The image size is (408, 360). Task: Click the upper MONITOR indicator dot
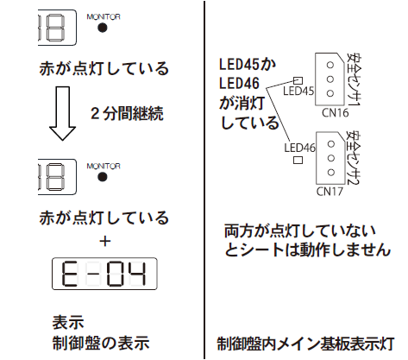click(103, 28)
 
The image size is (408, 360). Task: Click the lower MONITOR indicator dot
click(103, 177)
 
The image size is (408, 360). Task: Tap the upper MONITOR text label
click(104, 17)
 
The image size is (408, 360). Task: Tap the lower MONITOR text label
click(104, 166)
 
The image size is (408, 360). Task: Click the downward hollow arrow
click(62, 114)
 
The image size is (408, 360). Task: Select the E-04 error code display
click(104, 274)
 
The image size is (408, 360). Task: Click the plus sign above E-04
click(105, 241)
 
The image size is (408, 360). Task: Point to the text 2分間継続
click(127, 113)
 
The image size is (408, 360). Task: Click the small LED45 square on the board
click(298, 80)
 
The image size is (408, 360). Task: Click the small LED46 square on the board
click(298, 160)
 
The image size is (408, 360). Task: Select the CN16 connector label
click(335, 112)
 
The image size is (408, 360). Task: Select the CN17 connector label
click(330, 192)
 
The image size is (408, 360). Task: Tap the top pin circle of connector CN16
click(330, 65)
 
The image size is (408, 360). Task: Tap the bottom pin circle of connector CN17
click(331, 173)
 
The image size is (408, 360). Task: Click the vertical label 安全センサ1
click(354, 79)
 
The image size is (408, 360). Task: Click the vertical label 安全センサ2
click(354, 158)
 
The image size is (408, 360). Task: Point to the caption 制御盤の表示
click(101, 343)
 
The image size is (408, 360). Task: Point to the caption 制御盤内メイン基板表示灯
click(305, 344)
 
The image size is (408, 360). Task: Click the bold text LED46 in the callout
click(239, 84)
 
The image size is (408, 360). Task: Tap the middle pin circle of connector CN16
click(330, 79)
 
